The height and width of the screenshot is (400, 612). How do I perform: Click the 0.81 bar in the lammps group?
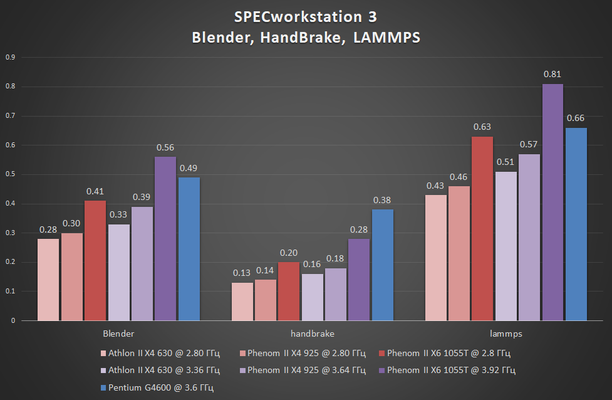(x=552, y=202)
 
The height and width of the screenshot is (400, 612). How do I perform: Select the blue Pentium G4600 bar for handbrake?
(x=382, y=265)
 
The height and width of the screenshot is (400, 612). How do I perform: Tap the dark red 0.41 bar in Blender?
(x=95, y=260)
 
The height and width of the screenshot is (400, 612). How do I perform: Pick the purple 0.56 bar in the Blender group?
(x=165, y=238)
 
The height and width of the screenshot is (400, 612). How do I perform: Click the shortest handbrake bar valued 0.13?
(x=242, y=302)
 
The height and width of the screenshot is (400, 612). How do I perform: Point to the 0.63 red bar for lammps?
(x=482, y=228)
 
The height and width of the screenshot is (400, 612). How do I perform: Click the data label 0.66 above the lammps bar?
(x=576, y=118)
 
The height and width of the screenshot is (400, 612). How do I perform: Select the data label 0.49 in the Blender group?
(x=189, y=168)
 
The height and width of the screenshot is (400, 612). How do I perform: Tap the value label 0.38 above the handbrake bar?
(x=382, y=200)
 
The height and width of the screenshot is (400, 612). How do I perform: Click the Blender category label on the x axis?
(x=118, y=334)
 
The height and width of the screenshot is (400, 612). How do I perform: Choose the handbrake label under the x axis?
(x=312, y=334)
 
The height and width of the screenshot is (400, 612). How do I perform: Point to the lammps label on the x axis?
(x=506, y=334)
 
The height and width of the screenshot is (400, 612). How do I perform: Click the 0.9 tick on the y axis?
(x=10, y=58)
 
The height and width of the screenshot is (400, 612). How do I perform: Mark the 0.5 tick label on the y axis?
(x=10, y=175)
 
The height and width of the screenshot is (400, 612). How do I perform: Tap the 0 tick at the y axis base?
(x=13, y=321)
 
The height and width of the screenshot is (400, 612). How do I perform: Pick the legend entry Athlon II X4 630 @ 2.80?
(x=163, y=353)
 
